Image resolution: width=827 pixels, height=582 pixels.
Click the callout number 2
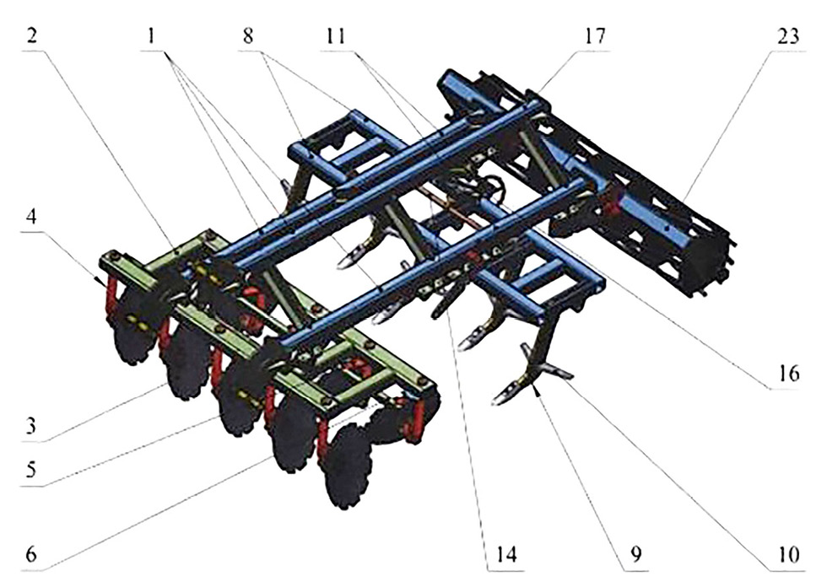(x=32, y=37)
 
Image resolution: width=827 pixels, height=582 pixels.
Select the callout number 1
(x=153, y=37)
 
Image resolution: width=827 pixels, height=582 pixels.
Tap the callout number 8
(x=248, y=37)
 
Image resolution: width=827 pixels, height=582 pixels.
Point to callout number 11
(x=335, y=37)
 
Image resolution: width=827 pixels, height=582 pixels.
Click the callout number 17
(x=594, y=37)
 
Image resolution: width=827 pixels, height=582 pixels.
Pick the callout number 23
(x=787, y=37)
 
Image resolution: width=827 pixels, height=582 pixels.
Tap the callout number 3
(x=32, y=424)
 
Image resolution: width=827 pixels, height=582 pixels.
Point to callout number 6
(x=32, y=555)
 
